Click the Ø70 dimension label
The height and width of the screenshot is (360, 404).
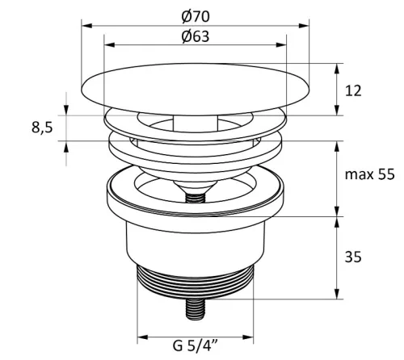click(x=196, y=16)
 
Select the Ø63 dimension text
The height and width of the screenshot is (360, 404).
click(x=196, y=36)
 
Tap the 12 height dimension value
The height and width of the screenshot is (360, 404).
click(x=353, y=90)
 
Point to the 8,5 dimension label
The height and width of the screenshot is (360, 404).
click(x=42, y=128)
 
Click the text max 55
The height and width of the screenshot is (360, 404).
click(x=369, y=174)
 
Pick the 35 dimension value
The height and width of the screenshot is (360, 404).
click(x=353, y=257)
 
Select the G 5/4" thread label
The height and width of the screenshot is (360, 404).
click(x=196, y=345)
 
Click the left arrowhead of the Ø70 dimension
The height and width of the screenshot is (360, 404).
click(x=86, y=26)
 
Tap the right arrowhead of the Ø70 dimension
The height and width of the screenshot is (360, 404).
click(x=304, y=26)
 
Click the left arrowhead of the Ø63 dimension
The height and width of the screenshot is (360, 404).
click(x=109, y=44)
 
